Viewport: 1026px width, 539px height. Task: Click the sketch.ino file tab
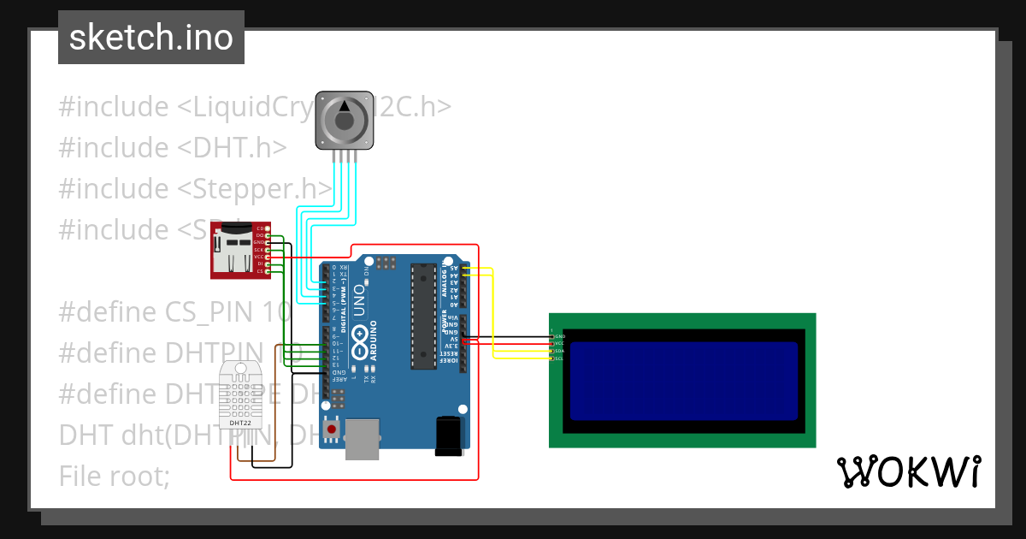coord(151,38)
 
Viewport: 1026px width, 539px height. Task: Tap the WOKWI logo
coord(907,471)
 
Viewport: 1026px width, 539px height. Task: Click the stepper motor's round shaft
coord(345,121)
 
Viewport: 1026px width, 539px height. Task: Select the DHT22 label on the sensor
coord(240,423)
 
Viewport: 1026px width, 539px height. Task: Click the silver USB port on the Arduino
coord(363,438)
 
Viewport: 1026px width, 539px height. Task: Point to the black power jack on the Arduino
coord(449,434)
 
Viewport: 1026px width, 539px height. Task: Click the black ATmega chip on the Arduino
coord(422,316)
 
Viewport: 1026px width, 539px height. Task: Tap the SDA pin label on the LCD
coord(559,351)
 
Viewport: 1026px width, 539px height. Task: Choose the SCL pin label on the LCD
coord(559,358)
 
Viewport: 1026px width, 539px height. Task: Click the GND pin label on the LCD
coord(559,336)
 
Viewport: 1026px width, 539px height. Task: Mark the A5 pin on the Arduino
coord(454,268)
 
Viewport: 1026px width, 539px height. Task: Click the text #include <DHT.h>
coord(172,147)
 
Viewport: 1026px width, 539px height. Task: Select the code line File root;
coord(115,476)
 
